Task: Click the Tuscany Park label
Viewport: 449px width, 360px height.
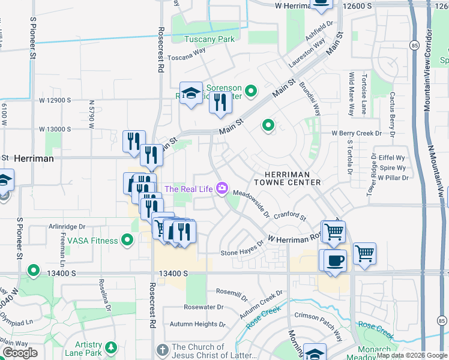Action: (x=209, y=39)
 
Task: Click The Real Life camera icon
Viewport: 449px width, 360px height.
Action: (x=222, y=189)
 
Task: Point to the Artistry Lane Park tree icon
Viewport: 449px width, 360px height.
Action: (x=110, y=347)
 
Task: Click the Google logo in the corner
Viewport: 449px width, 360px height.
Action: (x=20, y=353)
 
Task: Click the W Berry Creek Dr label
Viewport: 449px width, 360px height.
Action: (x=357, y=133)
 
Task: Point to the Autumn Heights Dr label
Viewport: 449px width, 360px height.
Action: (x=197, y=324)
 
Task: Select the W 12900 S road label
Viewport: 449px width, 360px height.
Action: (x=55, y=100)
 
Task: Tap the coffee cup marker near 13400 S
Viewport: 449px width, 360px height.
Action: (x=336, y=260)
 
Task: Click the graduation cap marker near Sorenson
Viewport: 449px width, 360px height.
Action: (x=191, y=93)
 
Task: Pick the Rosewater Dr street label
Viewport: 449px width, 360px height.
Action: (x=203, y=307)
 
